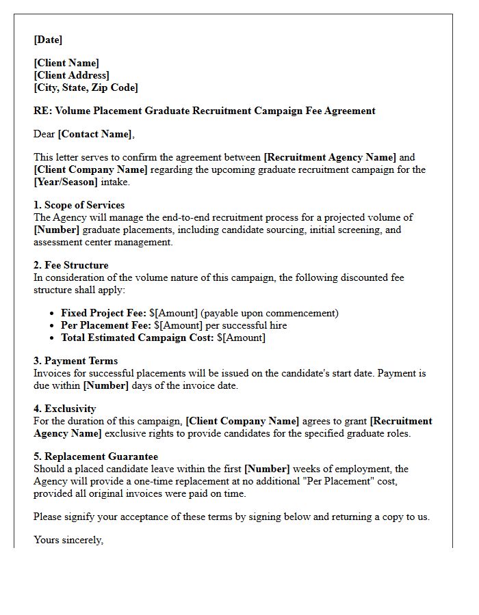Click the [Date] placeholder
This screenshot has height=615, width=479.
click(48, 40)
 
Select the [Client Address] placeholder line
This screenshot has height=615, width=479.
click(71, 75)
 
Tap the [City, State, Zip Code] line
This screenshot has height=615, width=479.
click(86, 87)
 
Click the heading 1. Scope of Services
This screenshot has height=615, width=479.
click(79, 205)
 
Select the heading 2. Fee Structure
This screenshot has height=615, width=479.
click(70, 265)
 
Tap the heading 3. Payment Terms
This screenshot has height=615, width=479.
click(75, 361)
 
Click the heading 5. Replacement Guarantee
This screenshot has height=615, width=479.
click(95, 456)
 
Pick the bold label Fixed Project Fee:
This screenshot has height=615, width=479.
click(103, 313)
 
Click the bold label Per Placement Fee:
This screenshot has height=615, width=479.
click(106, 325)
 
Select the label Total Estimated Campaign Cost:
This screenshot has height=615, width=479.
click(137, 338)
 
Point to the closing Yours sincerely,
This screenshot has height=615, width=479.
click(68, 540)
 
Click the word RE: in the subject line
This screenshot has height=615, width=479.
click(42, 111)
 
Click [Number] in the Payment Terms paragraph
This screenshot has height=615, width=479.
click(105, 385)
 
